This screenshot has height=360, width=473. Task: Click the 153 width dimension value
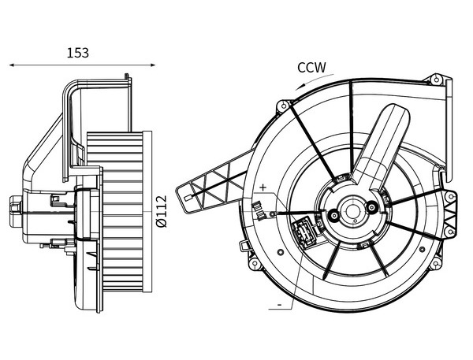[78, 53]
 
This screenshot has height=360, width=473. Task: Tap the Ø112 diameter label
[162, 211]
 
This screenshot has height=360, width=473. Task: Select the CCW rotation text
[312, 68]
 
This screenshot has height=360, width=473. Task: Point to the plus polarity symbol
[263, 187]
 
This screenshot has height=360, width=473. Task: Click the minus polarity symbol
[279, 305]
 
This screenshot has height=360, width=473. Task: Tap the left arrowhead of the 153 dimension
[12, 65]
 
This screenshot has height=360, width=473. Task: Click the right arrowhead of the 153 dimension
[153, 65]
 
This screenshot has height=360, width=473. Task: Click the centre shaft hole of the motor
[352, 211]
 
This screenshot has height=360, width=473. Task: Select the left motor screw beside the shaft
[334, 215]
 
